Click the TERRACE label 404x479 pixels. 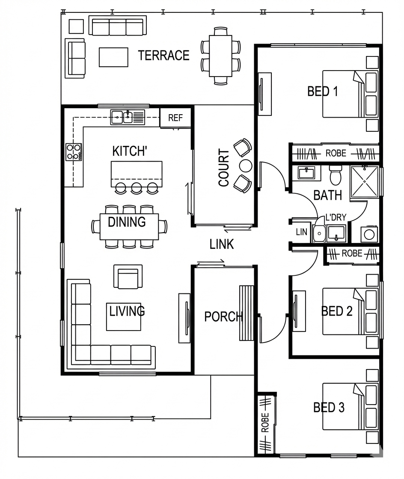[x=163, y=55]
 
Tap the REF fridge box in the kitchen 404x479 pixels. [x=175, y=118]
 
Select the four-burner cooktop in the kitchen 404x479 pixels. [x=74, y=152]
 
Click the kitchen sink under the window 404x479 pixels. [x=128, y=117]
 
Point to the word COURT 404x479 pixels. [x=224, y=167]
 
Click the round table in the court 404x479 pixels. [x=245, y=166]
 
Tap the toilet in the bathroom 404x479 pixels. [x=336, y=175]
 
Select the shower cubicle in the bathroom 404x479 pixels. [x=365, y=181]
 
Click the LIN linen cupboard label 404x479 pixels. [x=301, y=232]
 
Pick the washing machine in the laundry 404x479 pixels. [x=369, y=234]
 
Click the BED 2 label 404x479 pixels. [x=337, y=311]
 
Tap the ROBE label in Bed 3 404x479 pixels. [x=265, y=423]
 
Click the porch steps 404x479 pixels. [x=247, y=313]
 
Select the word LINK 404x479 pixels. [x=222, y=244]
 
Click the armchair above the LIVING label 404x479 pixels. [x=128, y=276]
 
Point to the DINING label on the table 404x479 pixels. [x=127, y=222]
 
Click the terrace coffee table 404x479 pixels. [x=113, y=57]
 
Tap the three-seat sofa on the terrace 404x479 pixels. [x=118, y=26]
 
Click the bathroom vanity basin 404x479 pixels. [x=306, y=173]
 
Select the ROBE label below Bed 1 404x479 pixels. [x=336, y=153]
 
